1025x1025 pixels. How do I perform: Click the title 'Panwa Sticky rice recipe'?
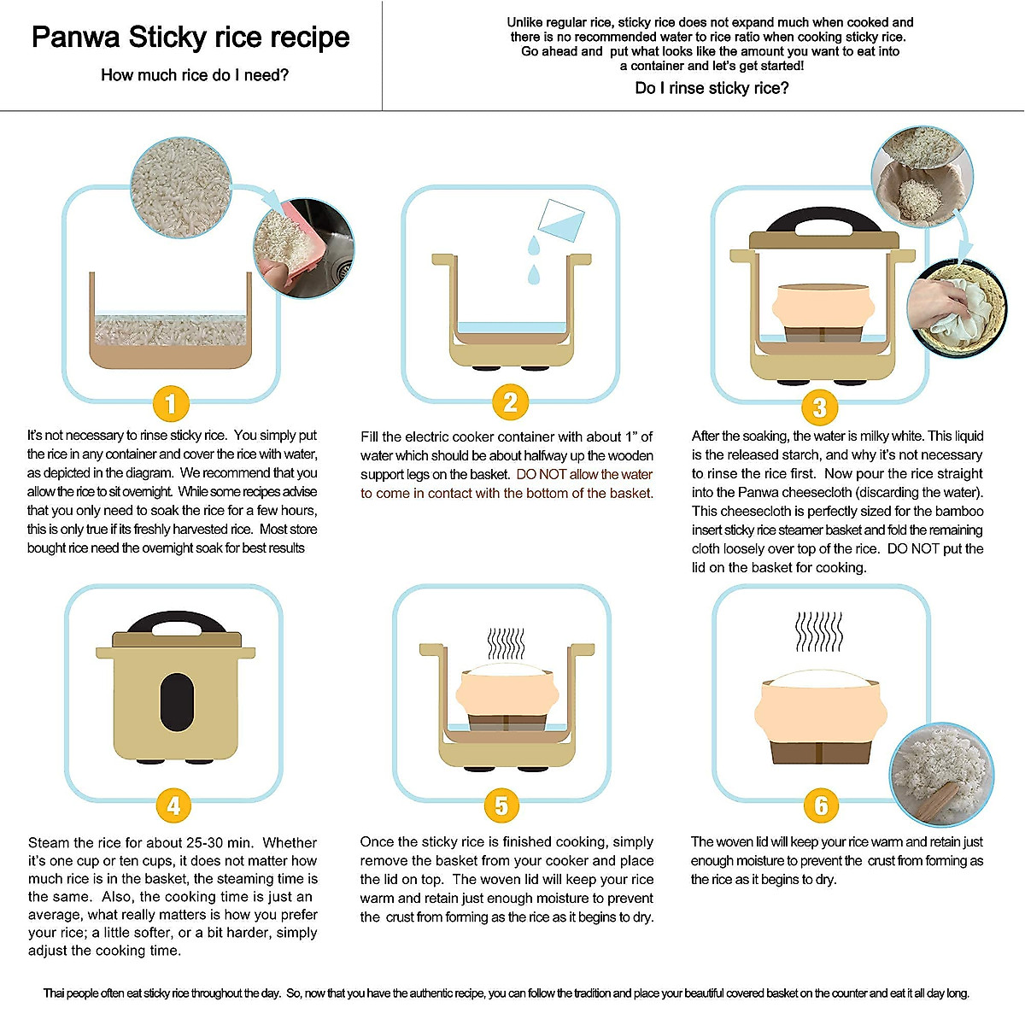pos(190,38)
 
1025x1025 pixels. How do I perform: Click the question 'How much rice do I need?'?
pos(195,75)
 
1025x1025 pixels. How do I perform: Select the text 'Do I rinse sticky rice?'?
pos(712,88)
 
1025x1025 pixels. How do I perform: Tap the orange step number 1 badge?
pos(171,403)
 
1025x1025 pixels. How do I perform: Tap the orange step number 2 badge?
pos(510,401)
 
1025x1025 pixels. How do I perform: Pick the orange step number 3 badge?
pos(819,407)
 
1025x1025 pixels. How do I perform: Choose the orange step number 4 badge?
pos(173,805)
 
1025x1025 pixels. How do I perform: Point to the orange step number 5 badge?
pos(501,805)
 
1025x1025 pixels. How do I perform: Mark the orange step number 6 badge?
pos(821,805)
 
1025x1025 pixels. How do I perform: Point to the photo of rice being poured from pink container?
pos(303,248)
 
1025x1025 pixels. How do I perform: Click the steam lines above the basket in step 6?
pos(819,632)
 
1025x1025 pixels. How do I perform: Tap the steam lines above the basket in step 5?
pos(506,643)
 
